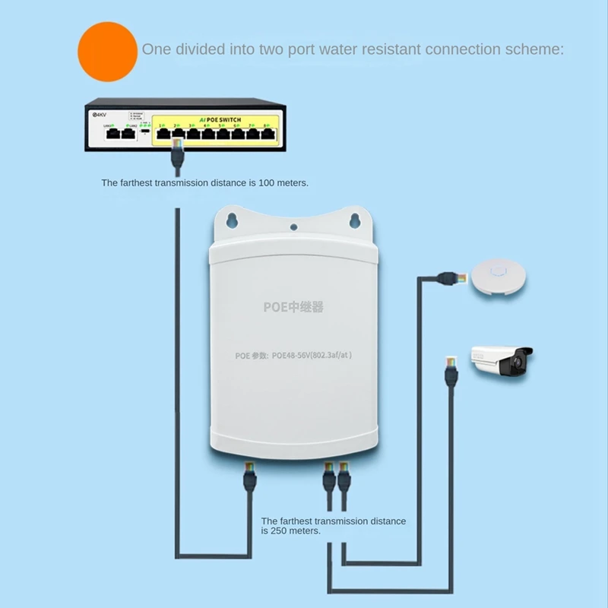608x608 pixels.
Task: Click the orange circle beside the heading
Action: [x=107, y=51]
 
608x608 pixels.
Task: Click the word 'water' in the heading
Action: [x=334, y=50]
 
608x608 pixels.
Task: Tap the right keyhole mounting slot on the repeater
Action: [x=353, y=221]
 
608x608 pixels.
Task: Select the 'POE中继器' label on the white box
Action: [x=293, y=307]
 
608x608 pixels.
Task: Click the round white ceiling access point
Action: [x=498, y=274]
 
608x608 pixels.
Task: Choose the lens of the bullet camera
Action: [x=520, y=364]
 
